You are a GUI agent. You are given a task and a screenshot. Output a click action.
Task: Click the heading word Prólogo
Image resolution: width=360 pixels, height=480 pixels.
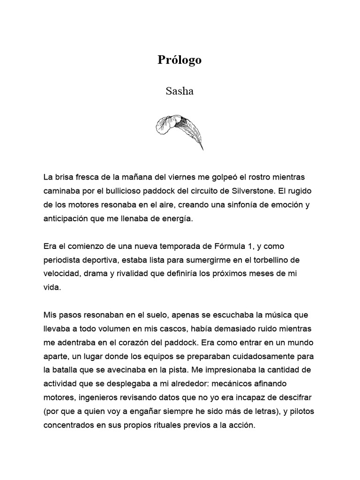click(180, 60)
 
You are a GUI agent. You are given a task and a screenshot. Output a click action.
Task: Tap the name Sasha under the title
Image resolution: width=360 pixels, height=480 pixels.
click(180, 91)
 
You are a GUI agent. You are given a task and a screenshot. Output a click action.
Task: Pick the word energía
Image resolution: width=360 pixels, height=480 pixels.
click(177, 219)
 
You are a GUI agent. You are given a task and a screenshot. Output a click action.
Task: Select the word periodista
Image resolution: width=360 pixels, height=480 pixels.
click(64, 260)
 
